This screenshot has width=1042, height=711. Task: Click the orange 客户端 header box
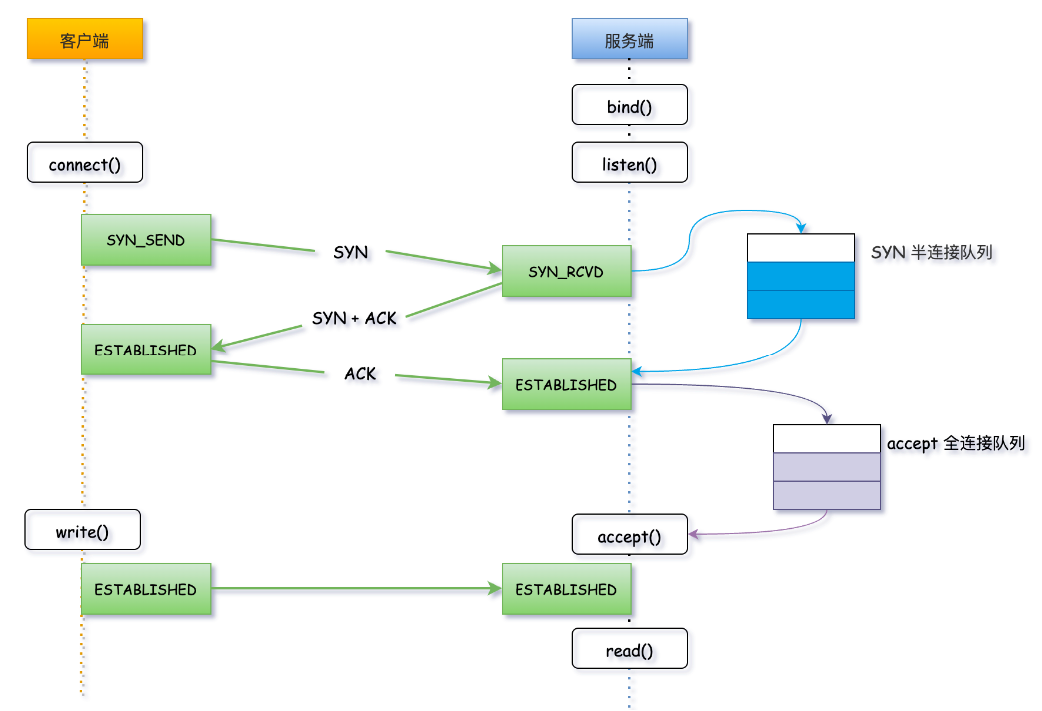pyautogui.click(x=85, y=40)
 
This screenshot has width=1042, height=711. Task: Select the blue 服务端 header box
pyautogui.click(x=629, y=40)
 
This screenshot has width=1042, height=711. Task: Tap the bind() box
pyautogui.click(x=629, y=105)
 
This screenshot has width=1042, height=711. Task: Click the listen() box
pyautogui.click(x=629, y=163)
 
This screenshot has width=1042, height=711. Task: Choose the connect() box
pyautogui.click(x=85, y=164)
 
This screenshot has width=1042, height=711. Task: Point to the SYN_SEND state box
pyautogui.click(x=146, y=240)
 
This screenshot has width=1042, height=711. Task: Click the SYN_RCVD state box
pyautogui.click(x=566, y=271)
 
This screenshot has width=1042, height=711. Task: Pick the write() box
pyautogui.click(x=82, y=530)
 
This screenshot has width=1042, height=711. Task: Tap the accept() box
pyautogui.click(x=629, y=535)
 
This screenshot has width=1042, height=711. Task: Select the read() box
pyautogui.click(x=629, y=650)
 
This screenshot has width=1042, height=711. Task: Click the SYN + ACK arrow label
pyautogui.click(x=354, y=318)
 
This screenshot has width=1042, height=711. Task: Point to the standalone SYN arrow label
pyautogui.click(x=351, y=253)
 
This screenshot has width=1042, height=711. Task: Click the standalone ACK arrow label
pyautogui.click(x=360, y=373)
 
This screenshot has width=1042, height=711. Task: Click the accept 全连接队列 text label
pyautogui.click(x=956, y=443)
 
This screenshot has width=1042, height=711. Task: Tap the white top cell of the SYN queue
pyautogui.click(x=801, y=248)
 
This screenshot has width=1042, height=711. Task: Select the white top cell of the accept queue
pyautogui.click(x=826, y=439)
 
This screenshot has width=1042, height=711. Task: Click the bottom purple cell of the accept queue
pyautogui.click(x=826, y=495)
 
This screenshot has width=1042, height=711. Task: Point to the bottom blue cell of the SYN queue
pyautogui.click(x=801, y=304)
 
